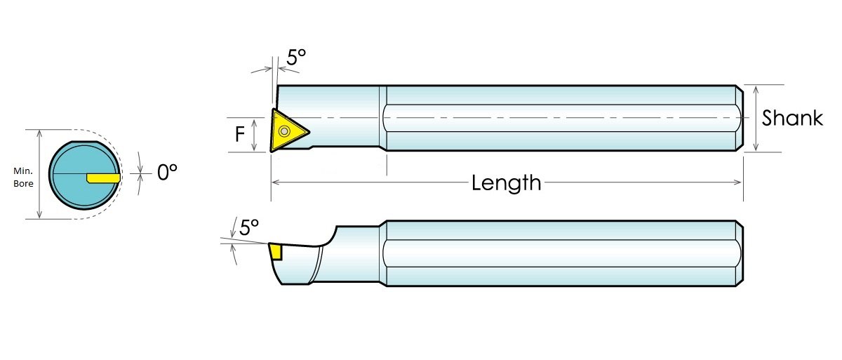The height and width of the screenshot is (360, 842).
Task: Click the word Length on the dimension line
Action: pos(507,183)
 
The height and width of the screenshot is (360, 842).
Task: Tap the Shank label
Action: pos(792,118)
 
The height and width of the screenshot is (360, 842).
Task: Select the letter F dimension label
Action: pos(240,134)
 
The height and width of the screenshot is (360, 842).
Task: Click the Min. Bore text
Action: pos(23,177)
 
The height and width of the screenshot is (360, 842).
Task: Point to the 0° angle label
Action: pos(167,173)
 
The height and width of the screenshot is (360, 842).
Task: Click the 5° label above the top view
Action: pos(296,57)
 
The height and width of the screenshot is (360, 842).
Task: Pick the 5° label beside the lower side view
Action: pos(249,228)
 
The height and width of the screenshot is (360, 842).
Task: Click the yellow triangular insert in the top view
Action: pos(288,131)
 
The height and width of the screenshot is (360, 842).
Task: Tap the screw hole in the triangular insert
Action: pos(285,131)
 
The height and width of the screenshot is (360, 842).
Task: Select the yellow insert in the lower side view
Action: pos(276,251)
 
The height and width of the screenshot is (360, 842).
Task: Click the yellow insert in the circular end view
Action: pos(103,178)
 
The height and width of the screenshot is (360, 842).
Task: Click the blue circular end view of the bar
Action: pos(85,175)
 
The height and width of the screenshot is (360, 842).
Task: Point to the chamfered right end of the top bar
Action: pos(740,118)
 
